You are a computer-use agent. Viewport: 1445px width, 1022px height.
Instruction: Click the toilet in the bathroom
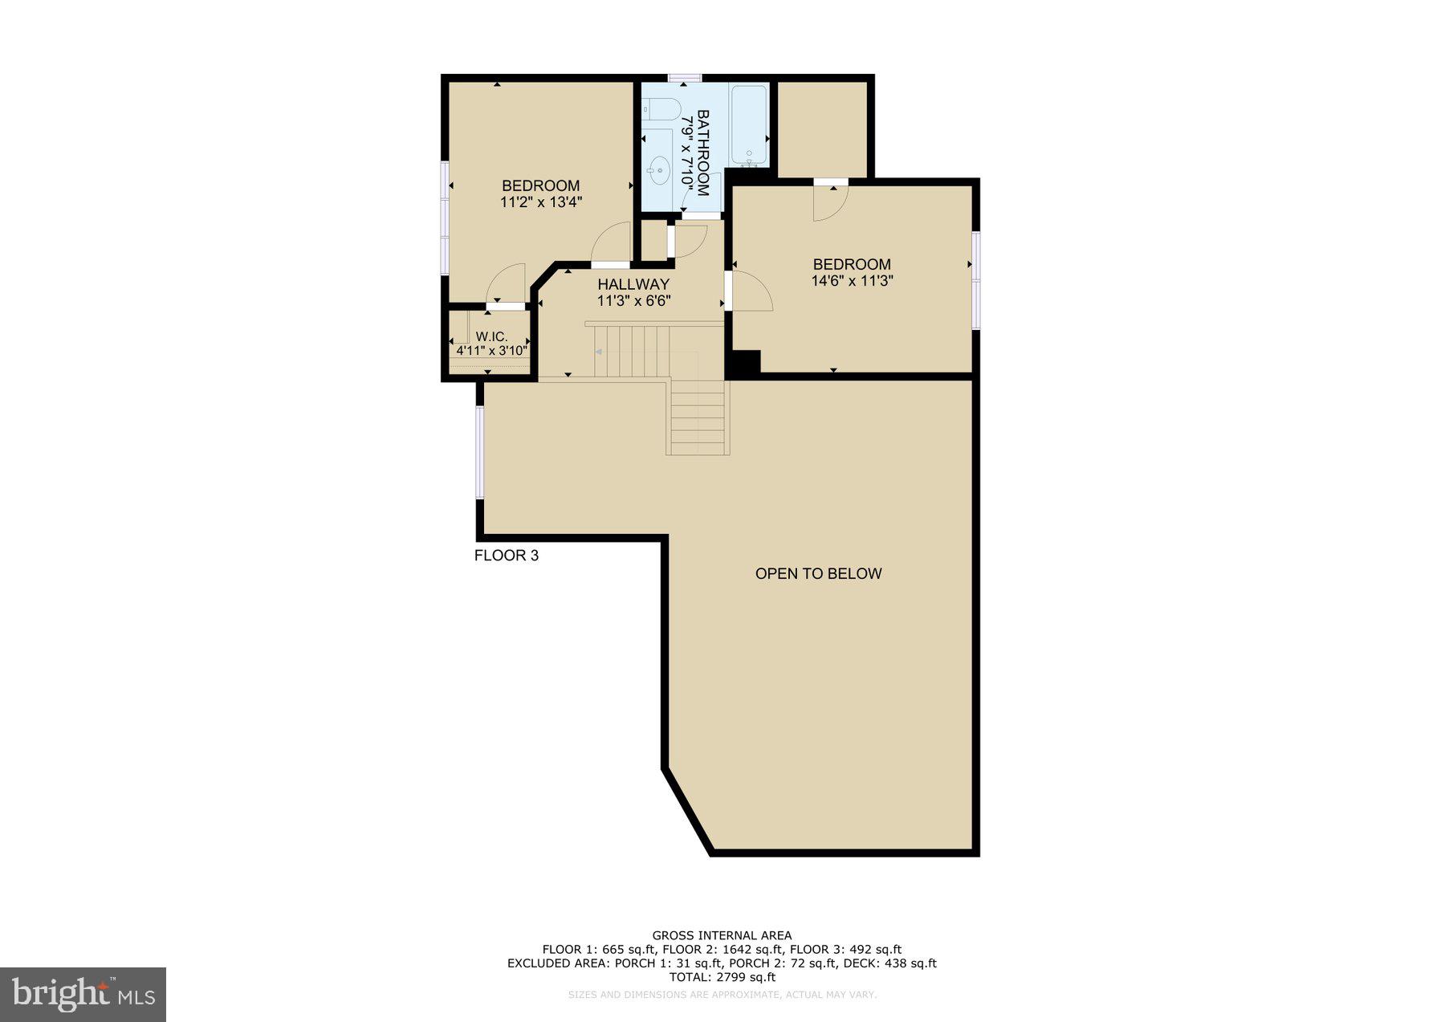(x=663, y=108)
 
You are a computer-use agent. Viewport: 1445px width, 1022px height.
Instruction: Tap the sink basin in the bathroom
(x=661, y=169)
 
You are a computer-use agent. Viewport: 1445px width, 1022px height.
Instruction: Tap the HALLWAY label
(x=633, y=284)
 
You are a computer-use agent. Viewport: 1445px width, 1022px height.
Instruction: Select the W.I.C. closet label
(x=491, y=337)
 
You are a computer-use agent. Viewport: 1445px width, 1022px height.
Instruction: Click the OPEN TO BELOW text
(x=818, y=573)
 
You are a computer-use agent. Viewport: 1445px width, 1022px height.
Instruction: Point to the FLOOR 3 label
(x=506, y=556)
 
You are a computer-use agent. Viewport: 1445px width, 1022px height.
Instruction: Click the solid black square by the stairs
(x=743, y=363)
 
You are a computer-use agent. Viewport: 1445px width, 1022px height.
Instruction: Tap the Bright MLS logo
(x=83, y=995)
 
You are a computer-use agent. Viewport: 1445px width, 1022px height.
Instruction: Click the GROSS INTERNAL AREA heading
(x=722, y=935)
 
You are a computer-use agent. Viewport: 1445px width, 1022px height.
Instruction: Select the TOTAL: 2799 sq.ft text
(x=722, y=977)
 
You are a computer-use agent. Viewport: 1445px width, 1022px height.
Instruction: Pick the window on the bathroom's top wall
(x=685, y=78)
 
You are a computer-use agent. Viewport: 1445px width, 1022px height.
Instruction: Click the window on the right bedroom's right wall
(x=976, y=279)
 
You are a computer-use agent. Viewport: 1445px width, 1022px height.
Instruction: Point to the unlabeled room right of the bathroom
(x=823, y=128)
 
